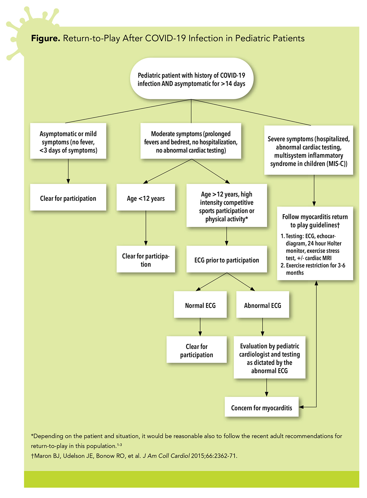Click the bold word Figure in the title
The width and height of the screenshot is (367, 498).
45,39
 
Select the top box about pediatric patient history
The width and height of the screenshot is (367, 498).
191,79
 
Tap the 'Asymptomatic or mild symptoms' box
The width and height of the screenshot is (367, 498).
68,142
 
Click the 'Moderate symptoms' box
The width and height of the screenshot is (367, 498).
191,142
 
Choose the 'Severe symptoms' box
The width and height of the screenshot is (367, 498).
309,151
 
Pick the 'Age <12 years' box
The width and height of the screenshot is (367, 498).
146,198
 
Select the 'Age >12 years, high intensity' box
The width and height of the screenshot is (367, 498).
227,206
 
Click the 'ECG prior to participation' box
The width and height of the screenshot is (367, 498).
227,260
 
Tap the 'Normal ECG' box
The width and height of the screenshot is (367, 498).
200,305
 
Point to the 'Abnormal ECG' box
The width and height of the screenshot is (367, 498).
262,305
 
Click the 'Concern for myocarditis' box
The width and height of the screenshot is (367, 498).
261,408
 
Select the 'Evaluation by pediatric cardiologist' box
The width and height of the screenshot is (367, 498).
269,358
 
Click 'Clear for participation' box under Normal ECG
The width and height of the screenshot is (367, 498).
197,350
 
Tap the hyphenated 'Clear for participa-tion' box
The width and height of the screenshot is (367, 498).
146,260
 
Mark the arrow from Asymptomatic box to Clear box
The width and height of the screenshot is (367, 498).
68,171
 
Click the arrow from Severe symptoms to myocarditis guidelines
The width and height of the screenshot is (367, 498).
314,191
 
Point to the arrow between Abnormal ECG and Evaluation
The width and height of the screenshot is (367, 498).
262,327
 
